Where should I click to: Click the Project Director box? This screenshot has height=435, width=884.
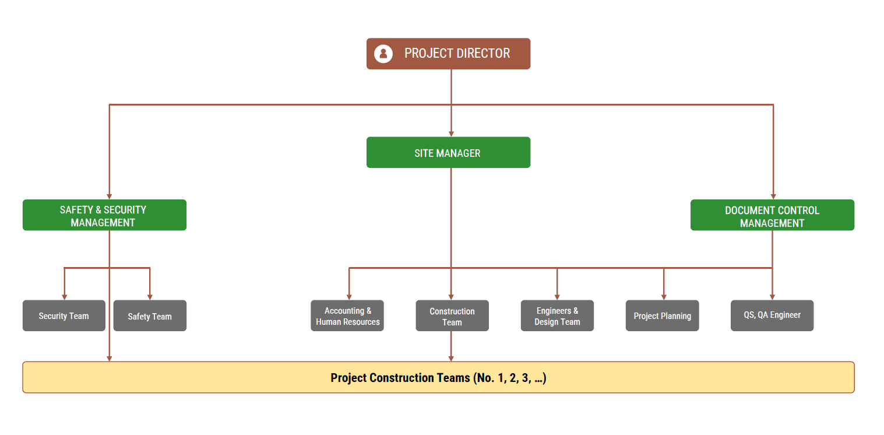tap(448, 54)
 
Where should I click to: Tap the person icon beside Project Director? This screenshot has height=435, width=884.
tap(383, 54)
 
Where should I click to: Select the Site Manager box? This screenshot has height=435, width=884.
tap(448, 153)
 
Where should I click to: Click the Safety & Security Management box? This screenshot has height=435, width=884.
tap(104, 215)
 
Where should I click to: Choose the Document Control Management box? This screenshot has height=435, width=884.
tap(772, 215)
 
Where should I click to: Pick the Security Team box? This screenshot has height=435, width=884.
tap(64, 315)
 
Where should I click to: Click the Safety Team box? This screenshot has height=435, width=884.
tap(150, 315)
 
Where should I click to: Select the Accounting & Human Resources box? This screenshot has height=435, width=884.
tap(347, 315)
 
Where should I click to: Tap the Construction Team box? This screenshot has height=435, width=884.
tap(452, 315)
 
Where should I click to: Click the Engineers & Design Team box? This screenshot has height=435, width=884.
tap(557, 315)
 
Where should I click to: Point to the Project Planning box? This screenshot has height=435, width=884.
tap(662, 315)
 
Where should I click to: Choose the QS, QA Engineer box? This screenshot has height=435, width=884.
tap(772, 315)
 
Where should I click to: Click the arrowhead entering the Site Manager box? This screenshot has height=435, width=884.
tap(451, 134)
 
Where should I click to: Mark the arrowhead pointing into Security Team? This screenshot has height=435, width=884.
tap(64, 296)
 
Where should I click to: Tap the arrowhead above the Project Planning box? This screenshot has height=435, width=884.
tap(664, 296)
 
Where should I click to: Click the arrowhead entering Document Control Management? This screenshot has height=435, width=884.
tap(773, 196)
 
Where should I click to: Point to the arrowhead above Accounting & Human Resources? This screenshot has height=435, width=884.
tap(349, 296)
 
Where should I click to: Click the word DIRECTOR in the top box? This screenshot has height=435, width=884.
tap(483, 54)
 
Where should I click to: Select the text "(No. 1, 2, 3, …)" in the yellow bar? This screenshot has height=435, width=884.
tap(509, 378)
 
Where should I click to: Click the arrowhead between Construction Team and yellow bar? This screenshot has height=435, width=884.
tap(451, 358)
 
